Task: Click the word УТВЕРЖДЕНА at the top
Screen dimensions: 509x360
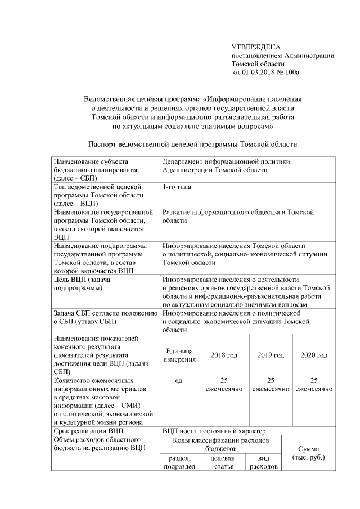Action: tap(256, 47)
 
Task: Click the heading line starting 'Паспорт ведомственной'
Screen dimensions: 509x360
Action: tap(193, 145)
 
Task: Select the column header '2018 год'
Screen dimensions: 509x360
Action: tap(224, 355)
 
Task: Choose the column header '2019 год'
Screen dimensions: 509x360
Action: tap(271, 355)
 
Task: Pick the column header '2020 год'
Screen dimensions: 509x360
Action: tap(314, 355)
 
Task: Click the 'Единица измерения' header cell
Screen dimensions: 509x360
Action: tap(179, 355)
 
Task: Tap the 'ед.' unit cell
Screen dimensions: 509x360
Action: tap(179, 381)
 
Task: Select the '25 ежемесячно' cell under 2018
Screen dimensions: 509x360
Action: tap(224, 385)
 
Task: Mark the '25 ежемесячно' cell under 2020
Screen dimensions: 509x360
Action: tap(314, 385)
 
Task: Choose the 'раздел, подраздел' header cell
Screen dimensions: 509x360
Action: tap(179, 462)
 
